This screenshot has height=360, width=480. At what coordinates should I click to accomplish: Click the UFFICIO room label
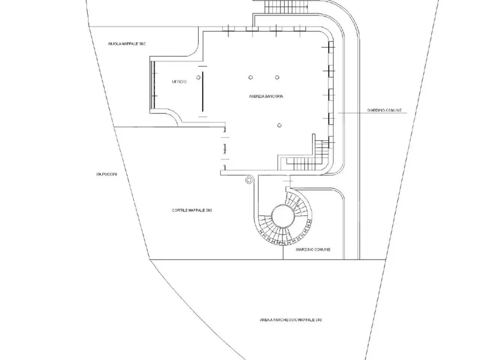pos(179,82)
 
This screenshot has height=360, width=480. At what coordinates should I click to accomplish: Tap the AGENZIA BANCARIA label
pos(266,96)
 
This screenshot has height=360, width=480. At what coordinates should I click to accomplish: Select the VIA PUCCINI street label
pos(106,174)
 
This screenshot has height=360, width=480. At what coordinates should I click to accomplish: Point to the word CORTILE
pos(180,210)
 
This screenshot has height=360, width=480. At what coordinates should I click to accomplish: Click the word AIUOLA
pos(114,44)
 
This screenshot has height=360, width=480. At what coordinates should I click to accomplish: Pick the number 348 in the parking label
pos(318,320)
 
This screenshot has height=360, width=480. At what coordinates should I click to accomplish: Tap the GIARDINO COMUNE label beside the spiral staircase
pos(313,249)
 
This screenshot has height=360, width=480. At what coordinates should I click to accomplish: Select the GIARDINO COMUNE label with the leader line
pos(384,110)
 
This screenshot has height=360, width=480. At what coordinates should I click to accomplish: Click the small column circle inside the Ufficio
pos(198,77)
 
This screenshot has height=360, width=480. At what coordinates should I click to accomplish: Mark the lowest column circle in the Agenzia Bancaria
pos(279,125)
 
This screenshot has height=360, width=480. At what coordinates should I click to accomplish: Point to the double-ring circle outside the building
pos(249,180)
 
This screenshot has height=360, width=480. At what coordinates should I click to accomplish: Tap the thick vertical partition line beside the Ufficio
pos(203,91)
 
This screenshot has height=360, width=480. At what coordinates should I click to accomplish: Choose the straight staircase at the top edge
pos(286,6)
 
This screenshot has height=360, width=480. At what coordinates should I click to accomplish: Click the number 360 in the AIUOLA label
pos(142,44)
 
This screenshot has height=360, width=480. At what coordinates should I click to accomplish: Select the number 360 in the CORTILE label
pos(208,210)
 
